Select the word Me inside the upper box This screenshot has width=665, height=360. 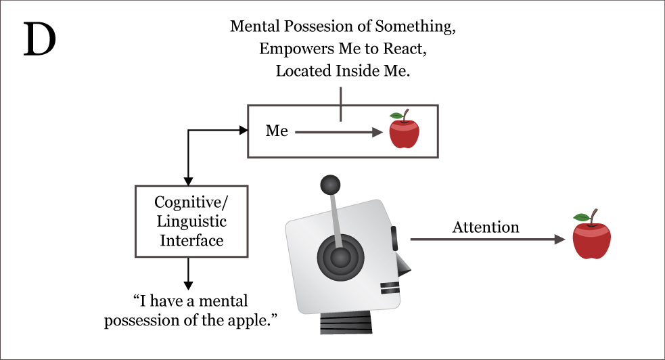coord(277,131)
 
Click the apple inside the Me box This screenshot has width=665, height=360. coord(404,130)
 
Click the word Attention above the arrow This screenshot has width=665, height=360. coord(486,227)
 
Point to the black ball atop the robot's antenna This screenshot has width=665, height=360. coord(329,184)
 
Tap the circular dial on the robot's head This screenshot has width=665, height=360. coord(340,257)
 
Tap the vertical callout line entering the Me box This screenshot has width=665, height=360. coord(341,105)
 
